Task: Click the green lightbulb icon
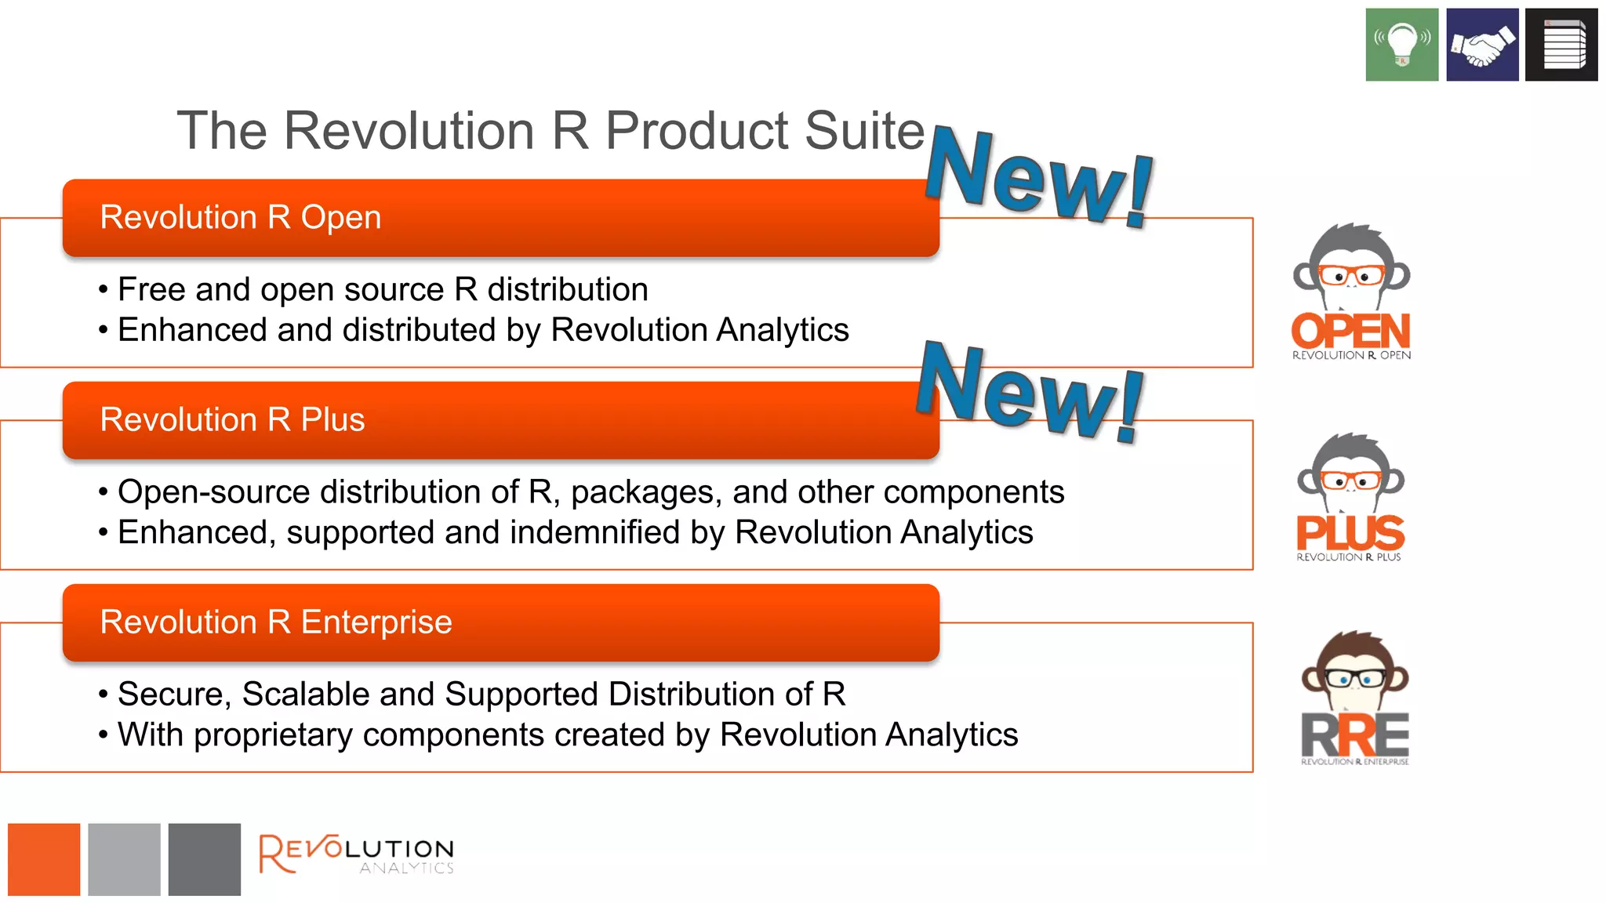[1401, 45]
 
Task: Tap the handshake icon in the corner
[1482, 45]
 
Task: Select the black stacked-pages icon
[1561, 45]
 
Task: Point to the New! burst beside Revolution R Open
[1040, 179]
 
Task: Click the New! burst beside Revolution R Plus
[1030, 392]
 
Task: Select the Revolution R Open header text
[241, 217]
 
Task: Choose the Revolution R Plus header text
[232, 419]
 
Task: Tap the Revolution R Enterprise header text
[276, 622]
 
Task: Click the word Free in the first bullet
[151, 289]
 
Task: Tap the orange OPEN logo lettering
[1350, 331]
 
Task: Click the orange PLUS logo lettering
[1350, 533]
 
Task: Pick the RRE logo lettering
[1354, 735]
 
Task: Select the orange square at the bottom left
[44, 859]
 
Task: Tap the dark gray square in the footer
[204, 859]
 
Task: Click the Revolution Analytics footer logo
[357, 854]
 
